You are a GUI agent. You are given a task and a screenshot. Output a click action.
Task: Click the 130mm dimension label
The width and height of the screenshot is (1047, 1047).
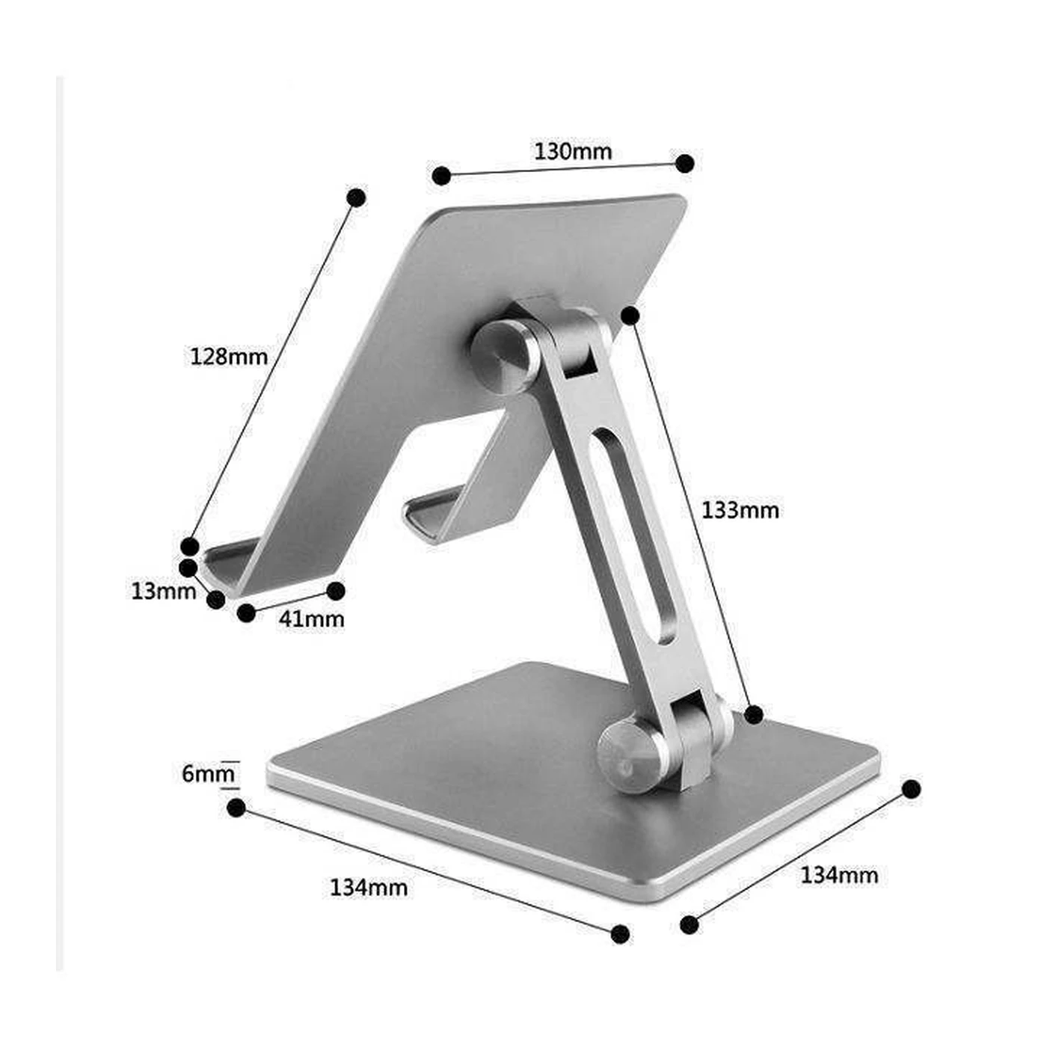tap(573, 152)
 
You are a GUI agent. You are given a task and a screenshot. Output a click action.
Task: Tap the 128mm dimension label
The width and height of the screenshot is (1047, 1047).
tap(228, 356)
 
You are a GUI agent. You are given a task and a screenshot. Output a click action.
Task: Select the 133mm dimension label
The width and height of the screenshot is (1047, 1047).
tap(740, 510)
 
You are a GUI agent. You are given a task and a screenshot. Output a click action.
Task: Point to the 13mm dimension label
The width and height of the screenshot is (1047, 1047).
tap(163, 591)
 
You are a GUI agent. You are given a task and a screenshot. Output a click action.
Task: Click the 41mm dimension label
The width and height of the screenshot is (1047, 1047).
tap(311, 618)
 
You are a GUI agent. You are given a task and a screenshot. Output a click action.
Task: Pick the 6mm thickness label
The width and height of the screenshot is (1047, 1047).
tap(208, 773)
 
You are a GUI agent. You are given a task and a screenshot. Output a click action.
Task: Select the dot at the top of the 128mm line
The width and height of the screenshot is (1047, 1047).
tap(357, 197)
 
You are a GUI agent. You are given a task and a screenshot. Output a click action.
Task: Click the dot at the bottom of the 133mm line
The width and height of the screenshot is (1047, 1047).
tap(754, 715)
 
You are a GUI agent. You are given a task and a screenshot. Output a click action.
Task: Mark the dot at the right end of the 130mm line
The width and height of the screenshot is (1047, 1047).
tap(684, 163)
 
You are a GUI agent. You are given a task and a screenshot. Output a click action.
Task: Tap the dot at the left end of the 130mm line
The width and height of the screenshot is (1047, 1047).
tap(441, 176)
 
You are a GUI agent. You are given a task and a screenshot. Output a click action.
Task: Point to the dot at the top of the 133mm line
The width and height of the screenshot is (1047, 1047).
tap(630, 316)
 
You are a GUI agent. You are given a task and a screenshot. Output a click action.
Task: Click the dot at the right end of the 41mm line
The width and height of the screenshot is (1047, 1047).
tap(336, 591)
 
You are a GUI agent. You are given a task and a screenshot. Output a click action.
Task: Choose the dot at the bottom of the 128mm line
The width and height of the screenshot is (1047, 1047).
tap(190, 546)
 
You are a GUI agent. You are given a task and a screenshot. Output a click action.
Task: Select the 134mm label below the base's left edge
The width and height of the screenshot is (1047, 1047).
tap(369, 888)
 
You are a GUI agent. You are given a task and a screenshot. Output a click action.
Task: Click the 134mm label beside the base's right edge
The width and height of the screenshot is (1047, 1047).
tap(839, 875)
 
